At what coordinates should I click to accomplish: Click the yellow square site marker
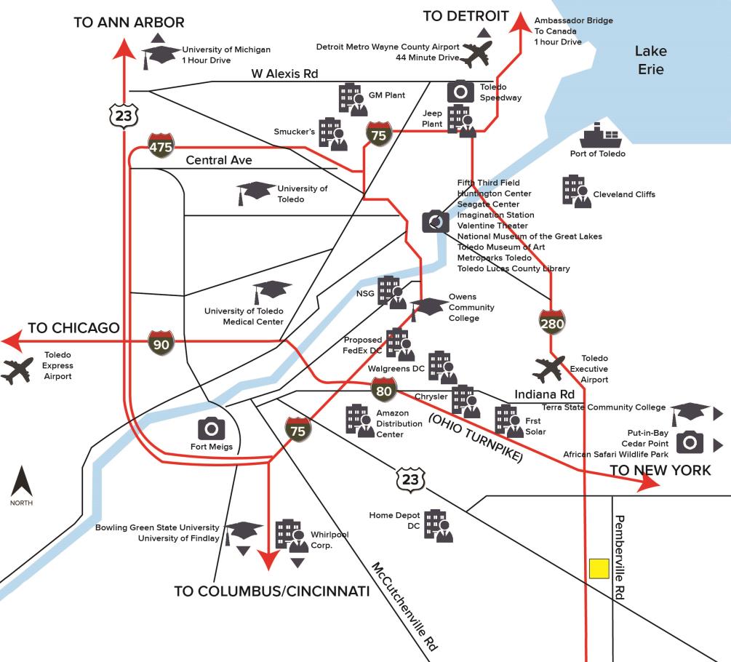tap(599, 569)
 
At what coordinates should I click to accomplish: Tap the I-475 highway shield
tap(161, 145)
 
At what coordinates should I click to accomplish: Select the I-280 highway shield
tap(552, 322)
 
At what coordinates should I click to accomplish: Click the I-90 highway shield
tap(161, 343)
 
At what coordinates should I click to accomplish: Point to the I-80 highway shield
tap(383, 390)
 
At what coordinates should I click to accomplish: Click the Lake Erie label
tap(651, 60)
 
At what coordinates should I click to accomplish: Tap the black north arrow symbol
tap(21, 481)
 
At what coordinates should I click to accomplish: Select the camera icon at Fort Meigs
tap(211, 428)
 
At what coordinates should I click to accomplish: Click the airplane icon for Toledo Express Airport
tap(17, 370)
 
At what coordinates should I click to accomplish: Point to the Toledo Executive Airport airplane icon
tap(548, 368)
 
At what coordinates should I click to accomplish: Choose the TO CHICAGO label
tap(73, 328)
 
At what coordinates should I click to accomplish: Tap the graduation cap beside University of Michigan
tap(160, 56)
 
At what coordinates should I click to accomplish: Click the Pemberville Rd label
tap(620, 557)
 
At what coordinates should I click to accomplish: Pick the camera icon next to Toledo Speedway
tap(460, 91)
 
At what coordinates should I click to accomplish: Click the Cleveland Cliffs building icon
tap(577, 191)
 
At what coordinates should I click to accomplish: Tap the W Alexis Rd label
tap(284, 73)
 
